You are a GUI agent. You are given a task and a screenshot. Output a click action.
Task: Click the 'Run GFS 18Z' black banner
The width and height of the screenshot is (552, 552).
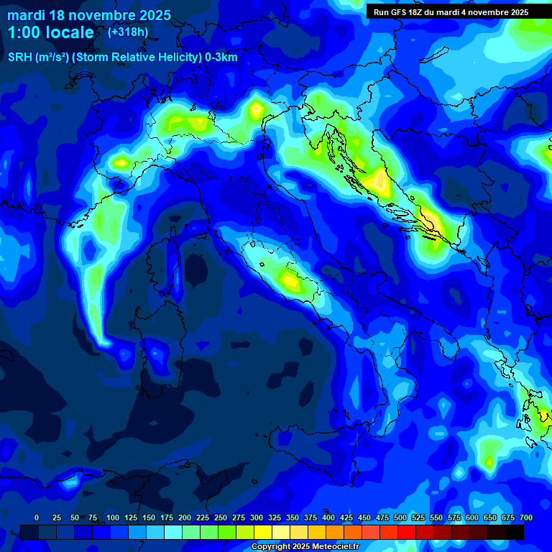coord(451,12)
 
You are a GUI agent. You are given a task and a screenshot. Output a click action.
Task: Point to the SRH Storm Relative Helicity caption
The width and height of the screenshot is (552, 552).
coord(122,57)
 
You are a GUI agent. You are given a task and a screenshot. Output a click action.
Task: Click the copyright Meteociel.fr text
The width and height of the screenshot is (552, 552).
coord(310,547)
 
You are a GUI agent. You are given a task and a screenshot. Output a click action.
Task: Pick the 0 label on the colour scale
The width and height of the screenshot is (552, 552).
coord(37,517)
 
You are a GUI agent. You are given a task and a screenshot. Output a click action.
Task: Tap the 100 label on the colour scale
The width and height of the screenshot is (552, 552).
coord(113,517)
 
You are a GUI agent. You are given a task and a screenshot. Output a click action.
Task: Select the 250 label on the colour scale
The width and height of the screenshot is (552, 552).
coord(221,517)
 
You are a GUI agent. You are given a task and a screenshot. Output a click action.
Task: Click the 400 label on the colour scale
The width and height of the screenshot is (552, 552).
coord(328,517)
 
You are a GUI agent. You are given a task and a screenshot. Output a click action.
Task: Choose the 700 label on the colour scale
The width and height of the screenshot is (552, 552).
coord(526,517)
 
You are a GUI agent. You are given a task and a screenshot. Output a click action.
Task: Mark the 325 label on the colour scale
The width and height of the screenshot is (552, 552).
coord(275,517)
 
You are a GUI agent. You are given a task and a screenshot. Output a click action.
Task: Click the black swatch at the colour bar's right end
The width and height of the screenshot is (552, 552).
coord(515,532)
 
